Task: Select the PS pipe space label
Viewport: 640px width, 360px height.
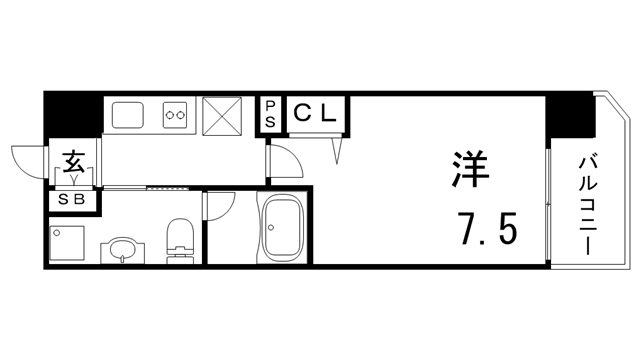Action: pos(271,112)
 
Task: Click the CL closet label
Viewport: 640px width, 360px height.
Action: pos(317,112)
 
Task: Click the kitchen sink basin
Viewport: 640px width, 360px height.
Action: pos(129,116)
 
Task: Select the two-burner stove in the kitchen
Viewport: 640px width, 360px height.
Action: pos(177,116)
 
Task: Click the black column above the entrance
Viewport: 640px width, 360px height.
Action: pos(74,112)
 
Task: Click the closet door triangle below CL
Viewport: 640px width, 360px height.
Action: pos(338,148)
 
